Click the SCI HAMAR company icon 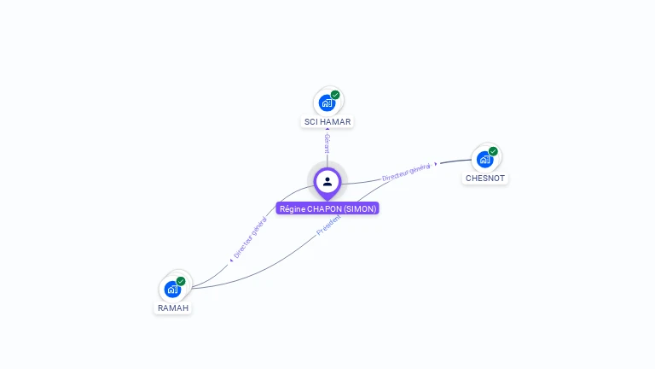327,103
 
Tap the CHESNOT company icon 484,160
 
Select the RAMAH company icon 172,289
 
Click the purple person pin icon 327,182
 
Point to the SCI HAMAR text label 327,122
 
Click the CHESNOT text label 485,179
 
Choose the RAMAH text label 173,307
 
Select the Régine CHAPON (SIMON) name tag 327,208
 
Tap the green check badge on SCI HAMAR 335,95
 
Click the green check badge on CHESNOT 493,151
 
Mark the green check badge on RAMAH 181,280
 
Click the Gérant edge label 327,143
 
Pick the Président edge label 329,225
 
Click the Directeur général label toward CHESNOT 406,172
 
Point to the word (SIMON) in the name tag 360,208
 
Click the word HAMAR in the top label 334,122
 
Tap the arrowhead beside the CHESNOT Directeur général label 436,163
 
